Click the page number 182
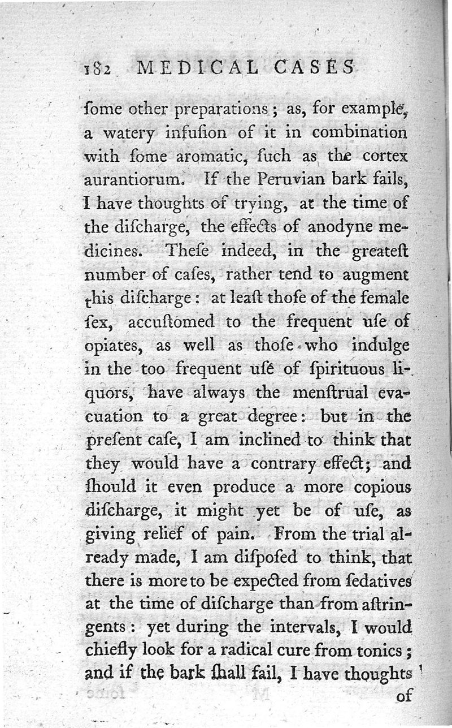96,68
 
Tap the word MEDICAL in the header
192,67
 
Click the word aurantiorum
134,181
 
